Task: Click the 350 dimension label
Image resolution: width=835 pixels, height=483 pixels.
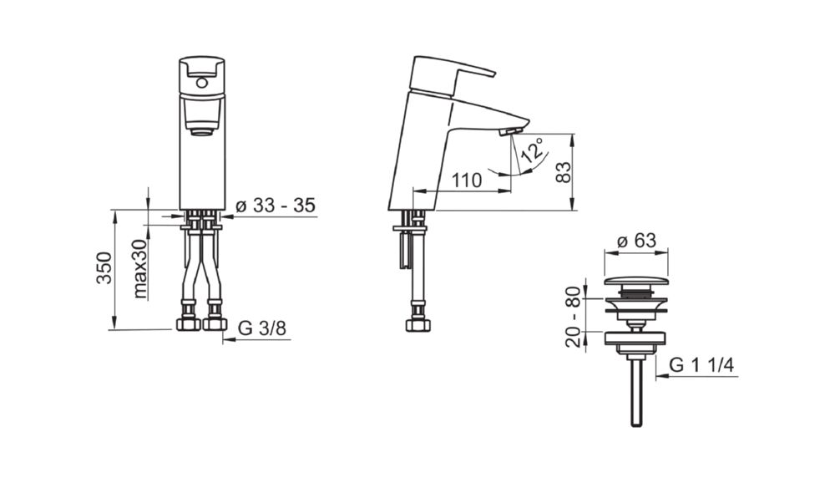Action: pyautogui.click(x=105, y=267)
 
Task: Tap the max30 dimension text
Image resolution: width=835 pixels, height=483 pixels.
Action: pyautogui.click(x=140, y=268)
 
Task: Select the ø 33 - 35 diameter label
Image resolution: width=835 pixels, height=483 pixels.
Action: pyautogui.click(x=276, y=205)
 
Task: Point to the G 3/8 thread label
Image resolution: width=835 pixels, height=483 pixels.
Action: pyautogui.click(x=262, y=328)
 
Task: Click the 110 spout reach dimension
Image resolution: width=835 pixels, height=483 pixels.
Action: pyautogui.click(x=467, y=180)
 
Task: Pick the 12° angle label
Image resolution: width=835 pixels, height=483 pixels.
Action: pyautogui.click(x=533, y=150)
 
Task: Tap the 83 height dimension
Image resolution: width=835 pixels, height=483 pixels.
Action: pyautogui.click(x=563, y=171)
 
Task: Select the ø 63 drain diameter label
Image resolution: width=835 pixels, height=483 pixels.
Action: pyautogui.click(x=636, y=241)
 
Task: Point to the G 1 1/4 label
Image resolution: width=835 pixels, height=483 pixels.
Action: pyautogui.click(x=702, y=365)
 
